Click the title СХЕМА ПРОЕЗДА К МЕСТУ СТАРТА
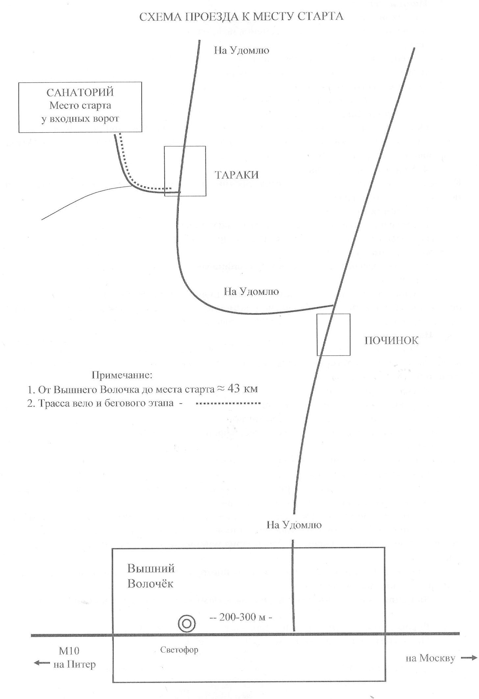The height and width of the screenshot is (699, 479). (x=241, y=16)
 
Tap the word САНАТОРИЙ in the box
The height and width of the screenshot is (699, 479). (x=80, y=92)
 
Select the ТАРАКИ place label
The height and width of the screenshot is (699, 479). (x=237, y=175)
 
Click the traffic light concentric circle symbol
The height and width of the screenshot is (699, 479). (x=187, y=623)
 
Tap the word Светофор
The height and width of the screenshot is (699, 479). (x=180, y=649)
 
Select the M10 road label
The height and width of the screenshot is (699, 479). (x=69, y=650)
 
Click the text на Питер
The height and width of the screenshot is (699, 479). (x=75, y=664)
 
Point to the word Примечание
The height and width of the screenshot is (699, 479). (x=122, y=375)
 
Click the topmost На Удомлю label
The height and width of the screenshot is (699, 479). (x=242, y=50)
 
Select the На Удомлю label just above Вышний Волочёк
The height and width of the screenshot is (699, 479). (x=294, y=524)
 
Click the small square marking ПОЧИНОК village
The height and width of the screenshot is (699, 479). (x=333, y=335)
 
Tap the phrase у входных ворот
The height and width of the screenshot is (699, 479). (x=80, y=119)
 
